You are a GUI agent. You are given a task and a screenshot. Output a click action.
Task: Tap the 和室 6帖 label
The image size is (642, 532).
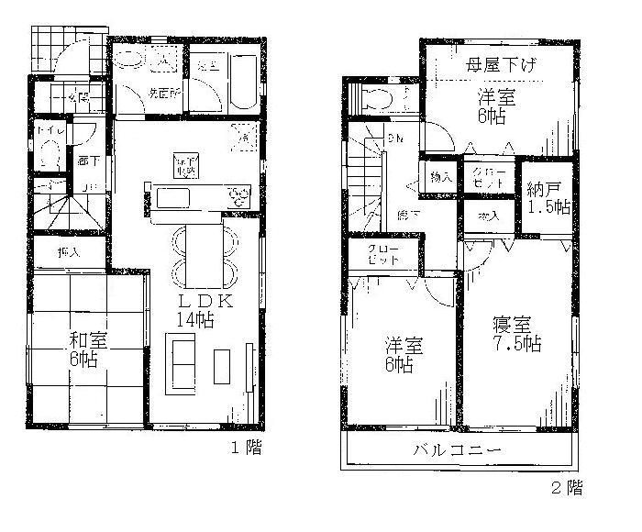pos(88,349)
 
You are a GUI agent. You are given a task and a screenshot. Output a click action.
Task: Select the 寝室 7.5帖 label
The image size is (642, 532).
pos(518,335)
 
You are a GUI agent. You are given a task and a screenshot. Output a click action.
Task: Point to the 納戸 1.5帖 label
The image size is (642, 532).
pos(548,198)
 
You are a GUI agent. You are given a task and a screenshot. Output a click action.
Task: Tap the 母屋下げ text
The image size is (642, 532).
pos(501,66)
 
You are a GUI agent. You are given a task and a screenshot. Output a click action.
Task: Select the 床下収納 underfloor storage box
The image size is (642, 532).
pos(184,165)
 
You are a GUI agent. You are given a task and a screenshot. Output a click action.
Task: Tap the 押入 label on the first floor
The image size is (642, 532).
pos(69,250)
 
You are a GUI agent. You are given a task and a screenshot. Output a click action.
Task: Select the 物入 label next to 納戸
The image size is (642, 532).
pos(487,217)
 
